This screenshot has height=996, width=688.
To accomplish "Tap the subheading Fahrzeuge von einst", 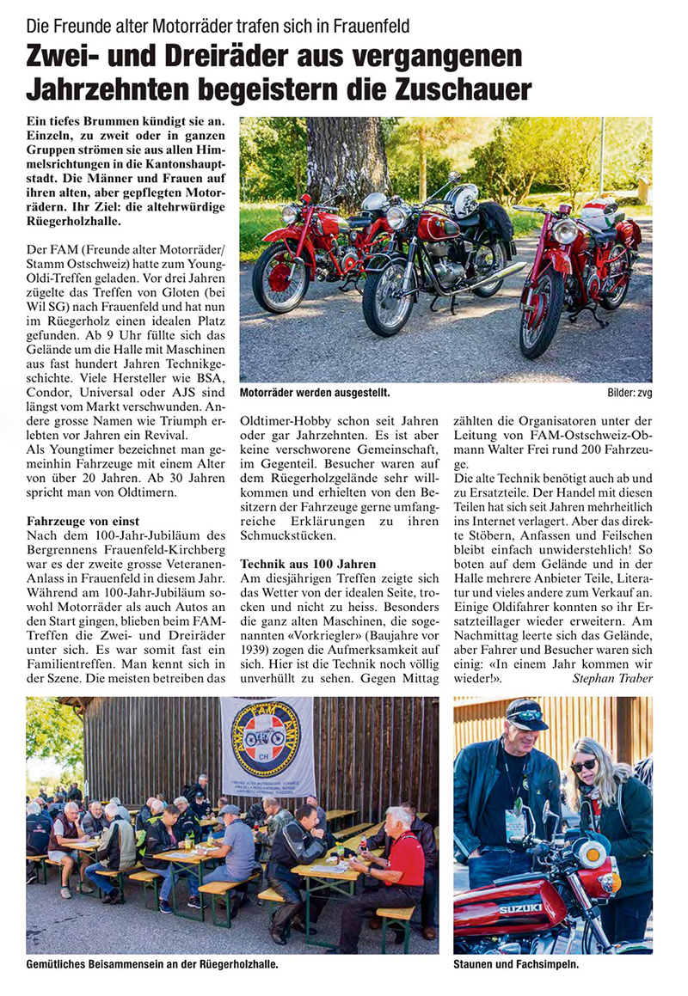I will click(83, 521).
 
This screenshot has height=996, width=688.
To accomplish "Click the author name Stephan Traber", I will click(612, 677).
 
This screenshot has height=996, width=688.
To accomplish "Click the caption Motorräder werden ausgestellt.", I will click(315, 393).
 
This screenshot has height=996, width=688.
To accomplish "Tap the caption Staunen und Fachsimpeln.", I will click(516, 964).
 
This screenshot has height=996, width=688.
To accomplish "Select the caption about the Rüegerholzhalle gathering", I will click(152, 964).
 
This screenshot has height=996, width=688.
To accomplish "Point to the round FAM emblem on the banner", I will click(267, 736).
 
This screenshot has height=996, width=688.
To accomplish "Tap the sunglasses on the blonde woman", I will click(583, 766).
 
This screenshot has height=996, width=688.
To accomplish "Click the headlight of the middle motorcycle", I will click(396, 217).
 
